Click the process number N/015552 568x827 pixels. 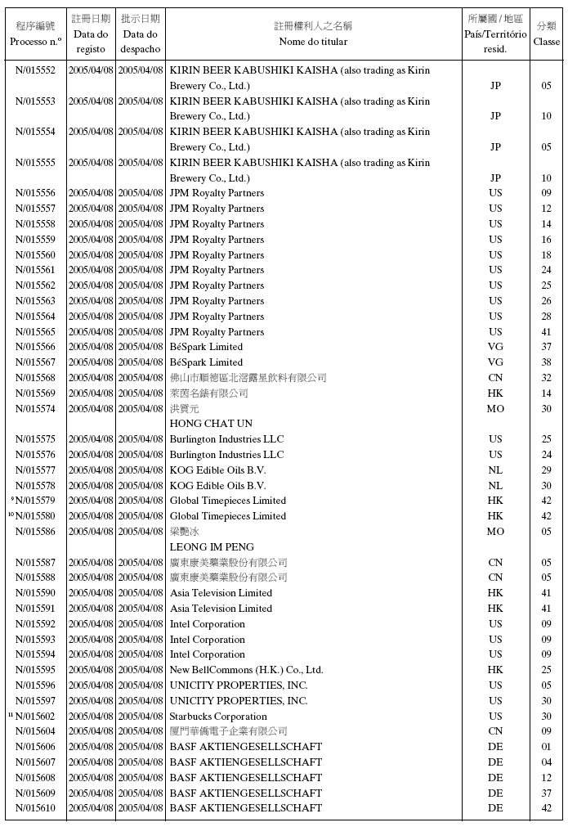pyautogui.click(x=35, y=70)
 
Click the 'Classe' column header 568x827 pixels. pyautogui.click(x=546, y=34)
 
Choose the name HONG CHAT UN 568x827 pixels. pyautogui.click(x=211, y=424)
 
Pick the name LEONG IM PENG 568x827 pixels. pyautogui.click(x=212, y=547)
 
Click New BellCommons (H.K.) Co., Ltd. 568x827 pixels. pyautogui.click(x=246, y=670)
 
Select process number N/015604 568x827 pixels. pyautogui.click(x=35, y=731)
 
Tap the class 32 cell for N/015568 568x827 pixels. pyautogui.click(x=546, y=378)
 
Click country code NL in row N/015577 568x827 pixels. pyautogui.click(x=495, y=470)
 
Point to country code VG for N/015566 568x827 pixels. pyautogui.click(x=495, y=347)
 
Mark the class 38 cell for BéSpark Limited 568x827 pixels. pyautogui.click(x=546, y=362)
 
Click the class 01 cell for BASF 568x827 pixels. pyautogui.click(x=546, y=747)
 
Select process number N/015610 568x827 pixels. pyautogui.click(x=35, y=808)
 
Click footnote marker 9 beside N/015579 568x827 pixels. pyautogui.click(x=12, y=499)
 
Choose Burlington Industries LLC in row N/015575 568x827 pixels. pyautogui.click(x=226, y=439)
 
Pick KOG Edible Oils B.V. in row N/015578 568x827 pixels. pyautogui.click(x=217, y=486)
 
